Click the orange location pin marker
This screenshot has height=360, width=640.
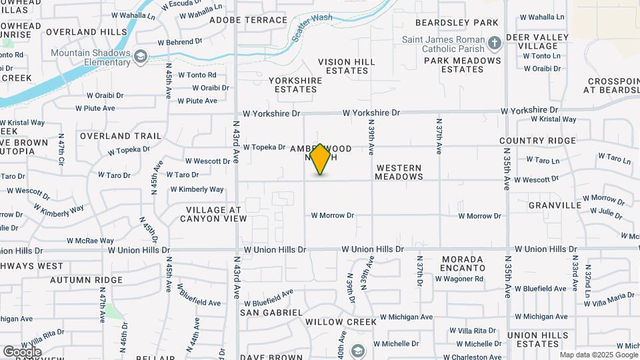click(321, 159)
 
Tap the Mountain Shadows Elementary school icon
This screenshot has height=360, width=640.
click(140, 57)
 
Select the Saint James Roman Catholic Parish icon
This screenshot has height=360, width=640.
click(494, 44)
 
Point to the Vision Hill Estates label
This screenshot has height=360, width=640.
click(347, 66)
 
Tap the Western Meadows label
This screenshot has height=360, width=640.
click(399, 172)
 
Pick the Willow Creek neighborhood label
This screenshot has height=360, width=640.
click(341, 321)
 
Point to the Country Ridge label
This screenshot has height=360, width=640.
click(537, 141)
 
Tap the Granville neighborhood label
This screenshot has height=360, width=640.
click(555, 205)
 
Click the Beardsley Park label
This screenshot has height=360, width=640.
click(466, 23)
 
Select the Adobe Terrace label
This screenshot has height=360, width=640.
click(248, 20)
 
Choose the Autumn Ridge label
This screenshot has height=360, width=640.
click(86, 280)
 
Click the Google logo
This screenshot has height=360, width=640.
click(22, 351)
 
